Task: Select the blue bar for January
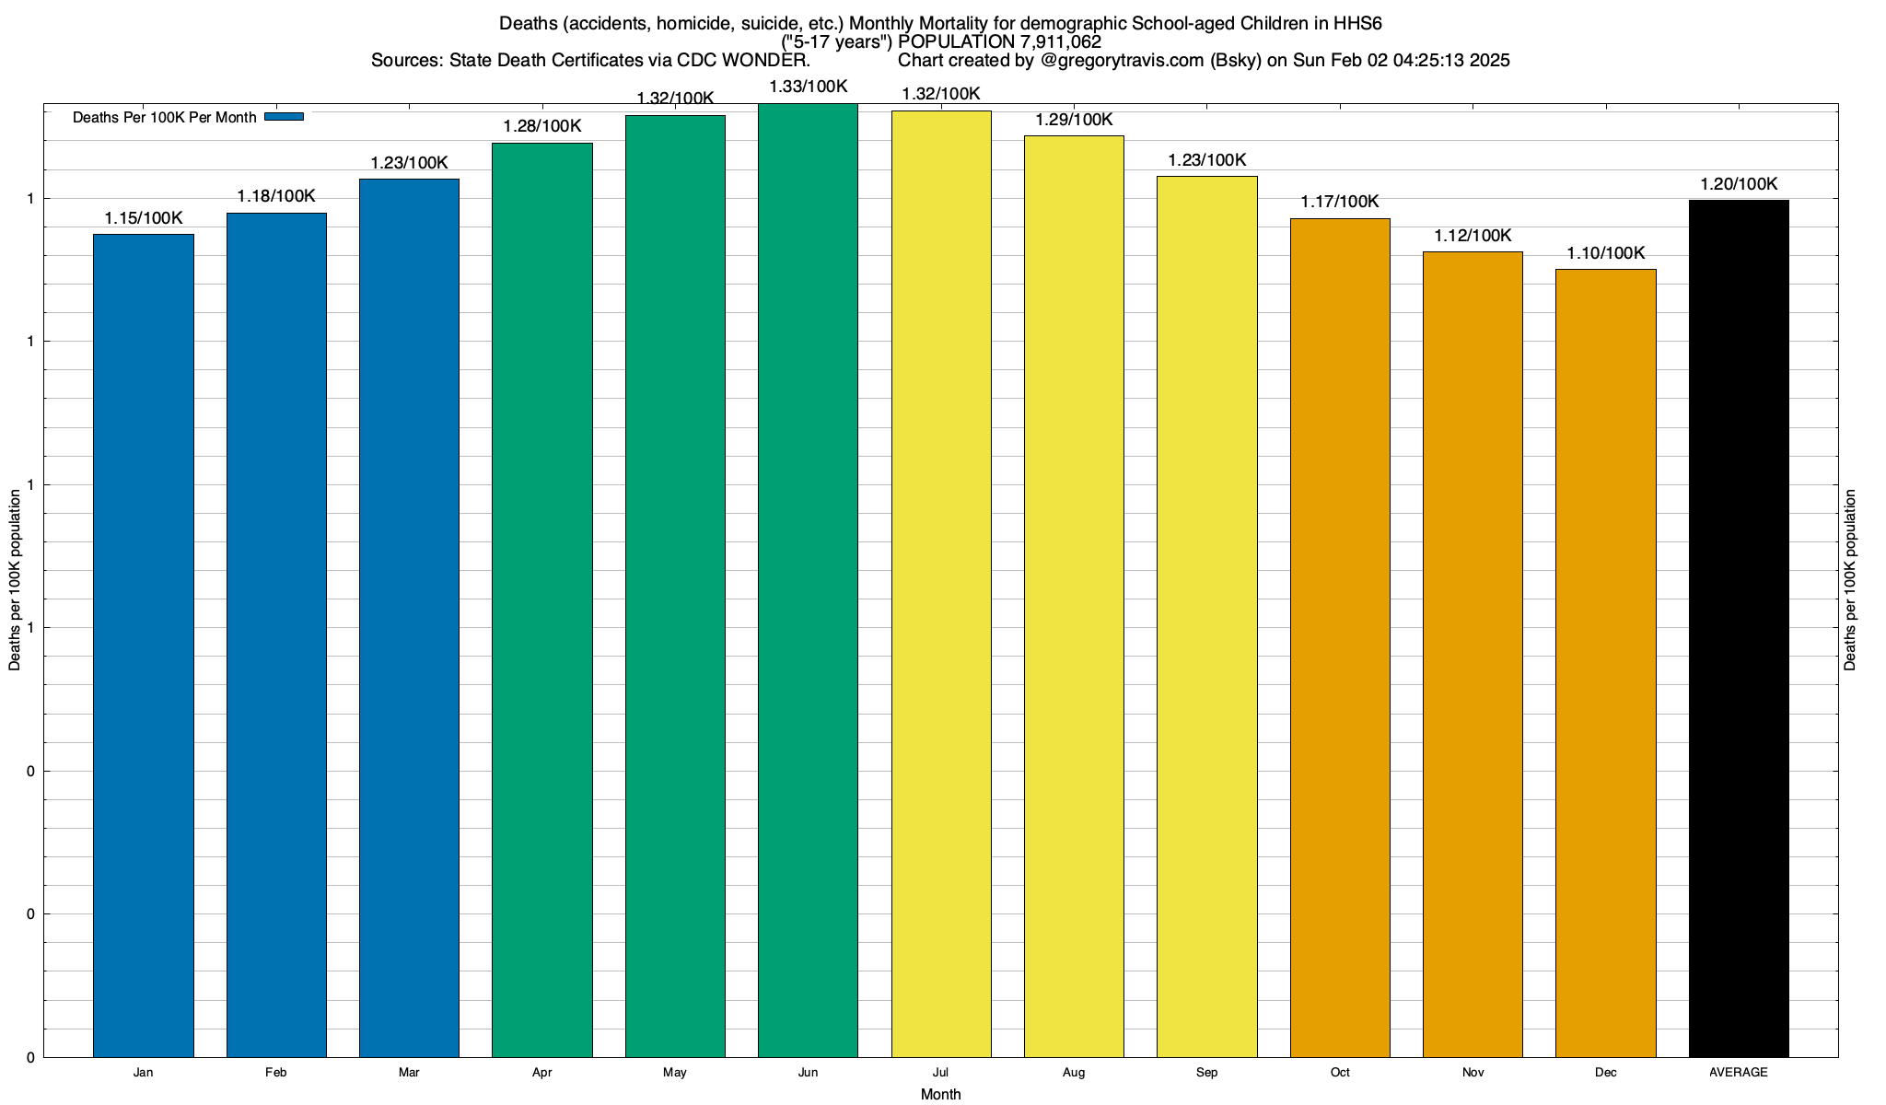coord(144,645)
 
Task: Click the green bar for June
coord(808,580)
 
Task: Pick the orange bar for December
coord(1605,663)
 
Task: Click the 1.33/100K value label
coord(808,87)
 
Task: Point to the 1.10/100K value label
coord(1605,253)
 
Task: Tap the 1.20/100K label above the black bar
coord(1739,184)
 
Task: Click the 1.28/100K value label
coord(541,126)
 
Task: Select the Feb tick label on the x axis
coord(275,1073)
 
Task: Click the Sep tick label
coord(1206,1073)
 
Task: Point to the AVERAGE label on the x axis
coord(1738,1073)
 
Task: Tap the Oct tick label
coord(1340,1073)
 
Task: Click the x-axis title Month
coord(940,1095)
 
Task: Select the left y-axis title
coord(15,580)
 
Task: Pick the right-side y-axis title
coord(1850,580)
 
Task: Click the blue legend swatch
coord(284,117)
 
